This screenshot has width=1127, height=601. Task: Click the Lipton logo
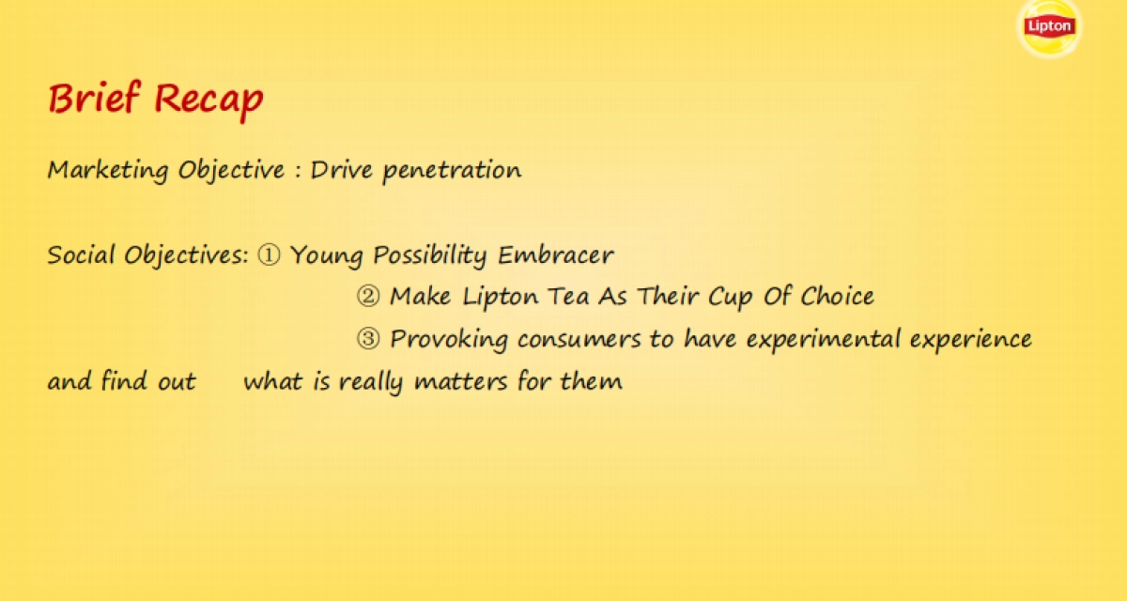(x=1049, y=25)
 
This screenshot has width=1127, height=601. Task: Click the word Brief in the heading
(x=95, y=99)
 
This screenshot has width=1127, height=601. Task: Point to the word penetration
(x=452, y=171)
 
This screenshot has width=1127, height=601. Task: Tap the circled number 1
(x=269, y=255)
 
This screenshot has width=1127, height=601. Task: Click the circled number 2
(x=368, y=297)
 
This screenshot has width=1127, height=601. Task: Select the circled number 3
(x=368, y=339)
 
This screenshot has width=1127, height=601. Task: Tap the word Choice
(x=838, y=297)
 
